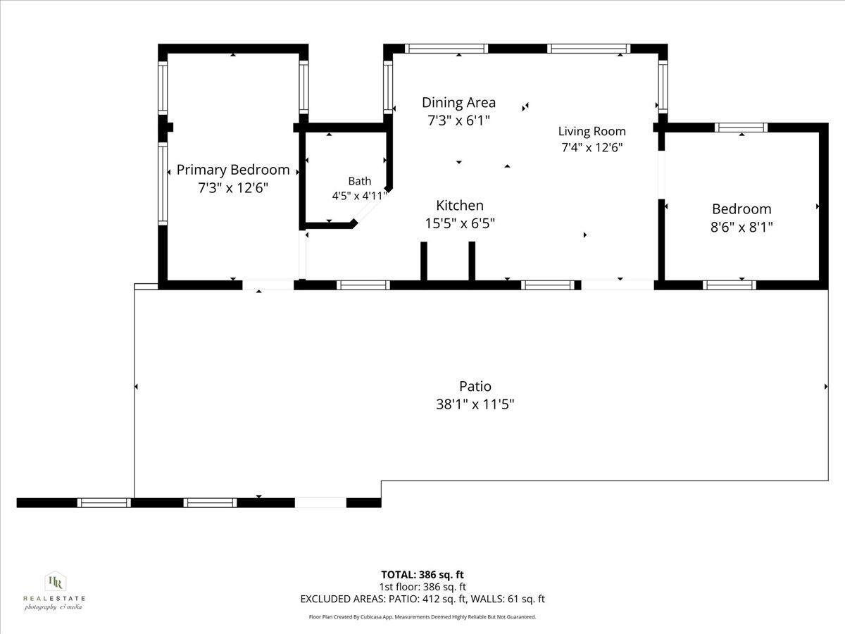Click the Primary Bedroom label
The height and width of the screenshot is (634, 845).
233,170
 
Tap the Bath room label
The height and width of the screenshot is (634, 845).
360,181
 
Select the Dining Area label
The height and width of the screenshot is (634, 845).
458,102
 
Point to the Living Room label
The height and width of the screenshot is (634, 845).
591,131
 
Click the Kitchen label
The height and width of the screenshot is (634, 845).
460,205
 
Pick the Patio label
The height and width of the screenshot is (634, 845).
475,386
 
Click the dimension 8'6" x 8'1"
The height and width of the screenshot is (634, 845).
741,227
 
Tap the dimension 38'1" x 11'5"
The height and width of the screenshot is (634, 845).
475,404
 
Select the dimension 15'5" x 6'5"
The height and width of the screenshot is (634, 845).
460,223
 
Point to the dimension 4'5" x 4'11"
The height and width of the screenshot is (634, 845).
360,196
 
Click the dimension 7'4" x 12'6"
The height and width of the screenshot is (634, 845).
591,147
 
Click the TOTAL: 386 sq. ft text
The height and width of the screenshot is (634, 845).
423,575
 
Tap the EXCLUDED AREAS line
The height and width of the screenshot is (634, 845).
423,599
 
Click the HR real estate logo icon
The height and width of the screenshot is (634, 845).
56,582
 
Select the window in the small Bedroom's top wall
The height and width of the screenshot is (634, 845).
741,128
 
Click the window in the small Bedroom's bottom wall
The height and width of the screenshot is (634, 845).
729,285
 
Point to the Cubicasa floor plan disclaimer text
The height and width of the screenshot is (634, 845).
423,617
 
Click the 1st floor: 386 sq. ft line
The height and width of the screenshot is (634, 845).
423,587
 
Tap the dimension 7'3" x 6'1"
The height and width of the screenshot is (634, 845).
458,120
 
